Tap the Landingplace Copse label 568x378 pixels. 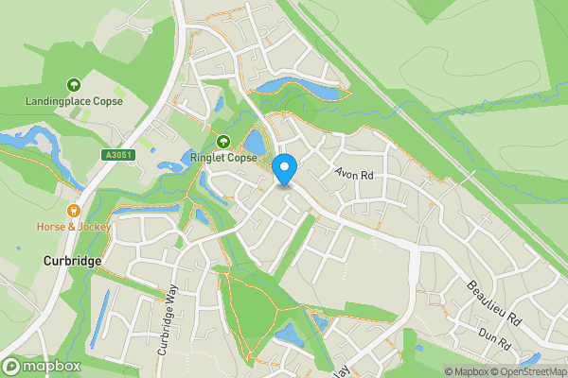click(x=74, y=101)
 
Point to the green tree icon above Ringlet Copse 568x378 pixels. click(x=223, y=143)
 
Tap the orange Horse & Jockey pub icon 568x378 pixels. click(x=74, y=211)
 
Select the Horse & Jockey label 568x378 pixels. click(x=74, y=227)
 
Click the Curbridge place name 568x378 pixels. click(x=72, y=261)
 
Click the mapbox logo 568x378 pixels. click(x=43, y=366)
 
